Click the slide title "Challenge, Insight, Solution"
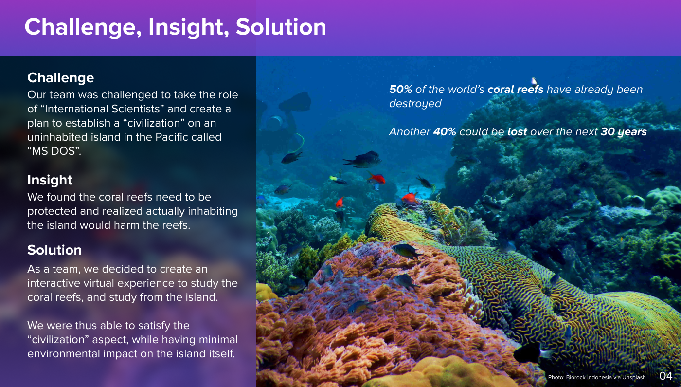[x=175, y=27]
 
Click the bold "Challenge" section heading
[x=60, y=78]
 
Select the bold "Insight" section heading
[x=50, y=180]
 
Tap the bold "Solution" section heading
[x=54, y=250]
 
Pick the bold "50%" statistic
[x=401, y=90]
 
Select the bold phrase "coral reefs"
[x=515, y=90]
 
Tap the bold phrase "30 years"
[x=624, y=132]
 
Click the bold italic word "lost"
[x=517, y=132]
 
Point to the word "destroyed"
[x=415, y=104]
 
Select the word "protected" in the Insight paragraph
[x=50, y=211]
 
